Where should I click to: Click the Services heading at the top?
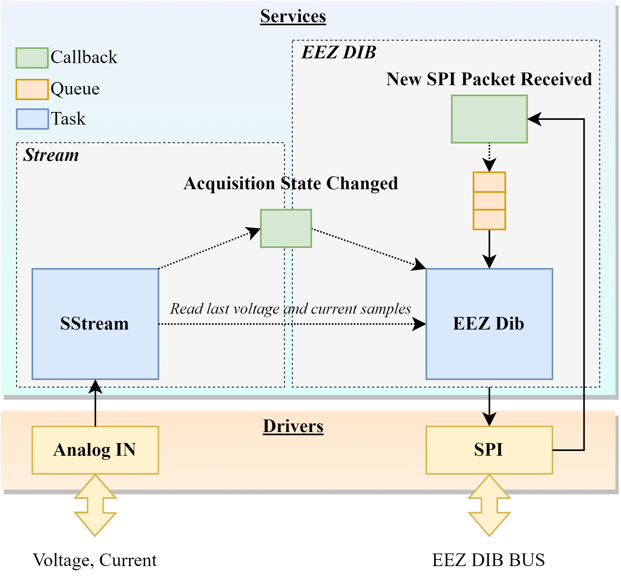[x=293, y=16]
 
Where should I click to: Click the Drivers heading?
[x=293, y=426]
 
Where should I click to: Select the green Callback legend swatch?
[x=32, y=58]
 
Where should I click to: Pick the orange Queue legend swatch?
[x=32, y=90]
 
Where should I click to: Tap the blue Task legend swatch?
[x=32, y=119]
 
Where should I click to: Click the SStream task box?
[x=95, y=324]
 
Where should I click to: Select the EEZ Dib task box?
[x=489, y=324]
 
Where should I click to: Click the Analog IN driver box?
[x=95, y=450]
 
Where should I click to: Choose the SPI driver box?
[x=489, y=450]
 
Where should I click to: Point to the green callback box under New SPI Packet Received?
[x=489, y=119]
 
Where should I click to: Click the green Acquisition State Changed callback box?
[x=286, y=228]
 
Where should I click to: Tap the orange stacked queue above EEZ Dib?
[x=489, y=201]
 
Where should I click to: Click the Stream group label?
[x=51, y=155]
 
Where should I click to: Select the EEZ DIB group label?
[x=339, y=52]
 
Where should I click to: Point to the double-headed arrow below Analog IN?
[x=95, y=506]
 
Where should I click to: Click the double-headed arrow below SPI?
[x=489, y=506]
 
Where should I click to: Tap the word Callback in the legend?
[x=84, y=57]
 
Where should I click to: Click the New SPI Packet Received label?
[x=489, y=79]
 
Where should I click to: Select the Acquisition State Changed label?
[x=290, y=184]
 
